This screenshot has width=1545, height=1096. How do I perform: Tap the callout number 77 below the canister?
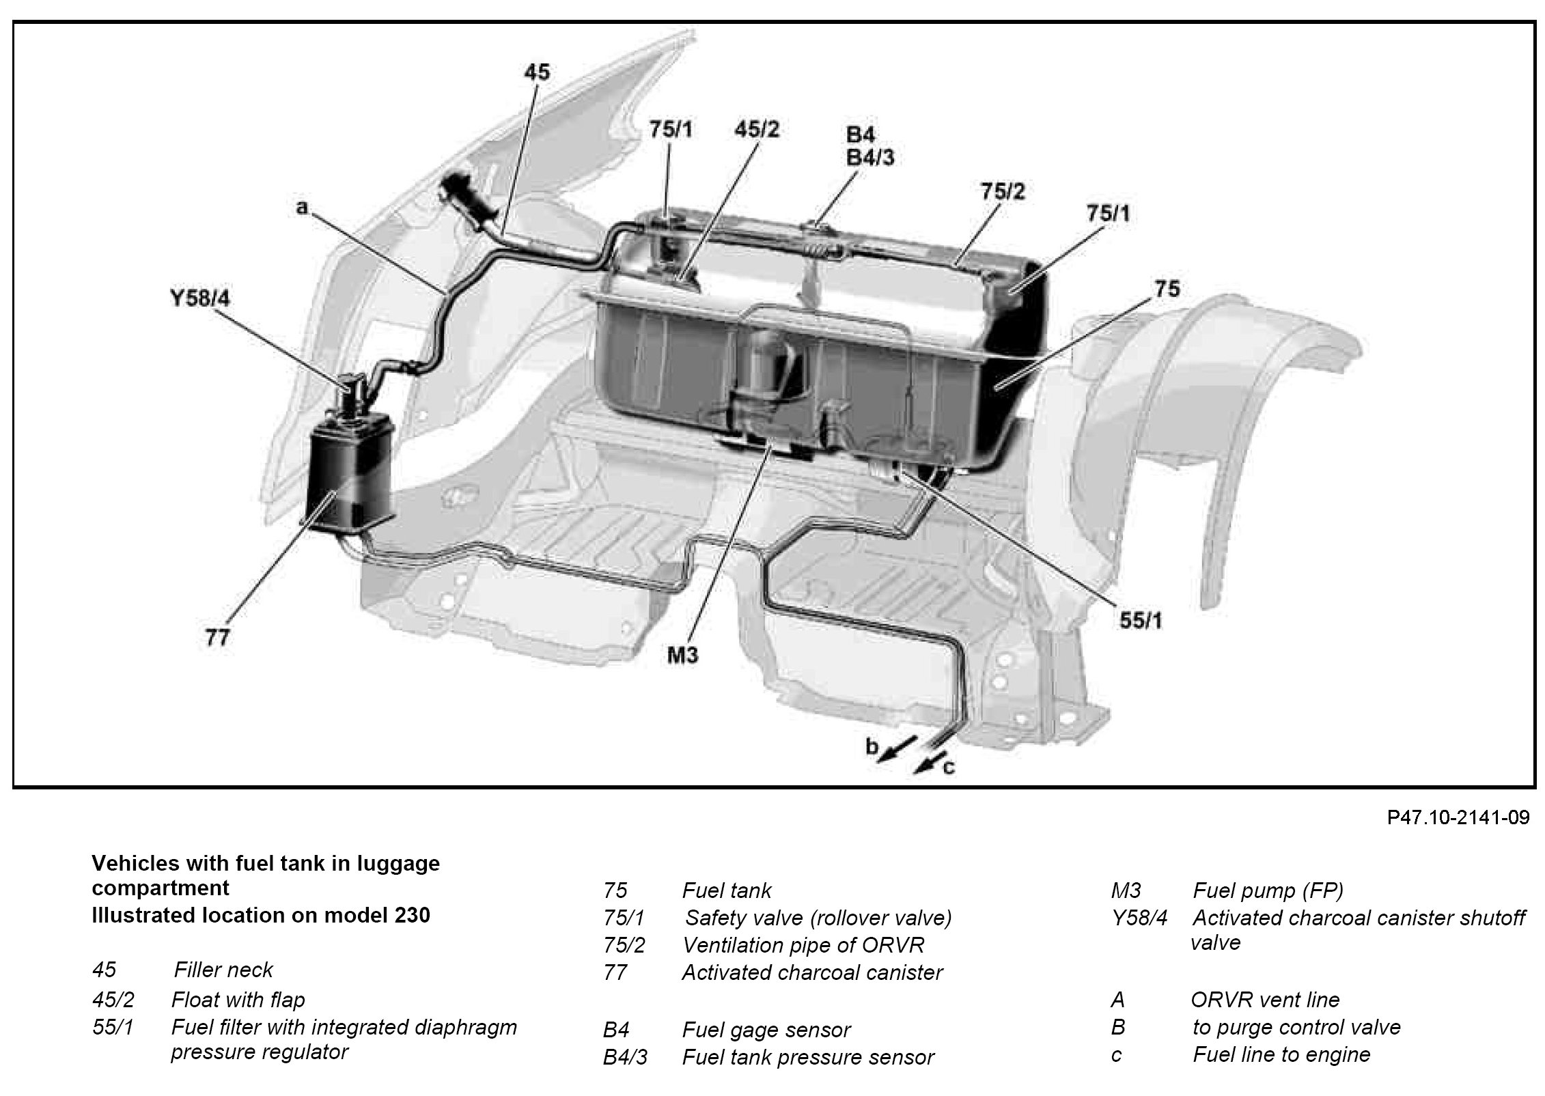tap(218, 638)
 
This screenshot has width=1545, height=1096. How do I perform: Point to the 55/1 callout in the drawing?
tap(1141, 620)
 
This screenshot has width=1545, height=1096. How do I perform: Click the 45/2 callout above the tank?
tap(756, 130)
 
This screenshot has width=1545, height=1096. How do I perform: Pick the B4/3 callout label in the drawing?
tap(870, 158)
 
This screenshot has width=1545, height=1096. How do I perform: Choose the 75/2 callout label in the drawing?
tap(1003, 192)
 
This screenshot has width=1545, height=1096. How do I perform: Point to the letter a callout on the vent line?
tap(302, 208)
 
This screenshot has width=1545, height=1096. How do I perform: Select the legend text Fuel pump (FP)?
tap(1268, 890)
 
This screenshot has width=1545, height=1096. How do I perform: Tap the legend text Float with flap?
tap(238, 1000)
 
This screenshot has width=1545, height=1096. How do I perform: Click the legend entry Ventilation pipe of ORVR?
tap(803, 945)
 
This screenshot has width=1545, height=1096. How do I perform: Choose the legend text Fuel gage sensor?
tap(766, 1030)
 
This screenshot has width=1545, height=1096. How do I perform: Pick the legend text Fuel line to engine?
tap(1281, 1054)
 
